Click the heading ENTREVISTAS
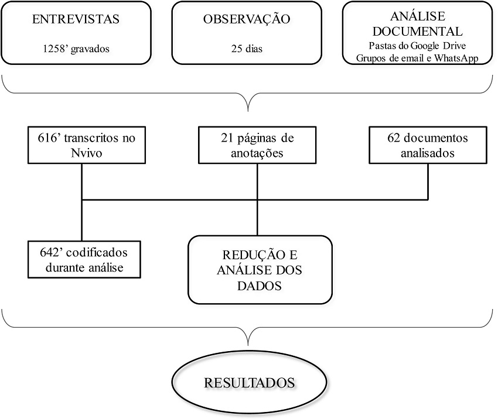coord(76,19)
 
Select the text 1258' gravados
coord(76,49)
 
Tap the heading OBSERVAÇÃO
coord(247,19)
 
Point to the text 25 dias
coord(247,49)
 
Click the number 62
coord(394,139)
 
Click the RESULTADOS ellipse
coord(249,383)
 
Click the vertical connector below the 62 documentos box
coord(428,181)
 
